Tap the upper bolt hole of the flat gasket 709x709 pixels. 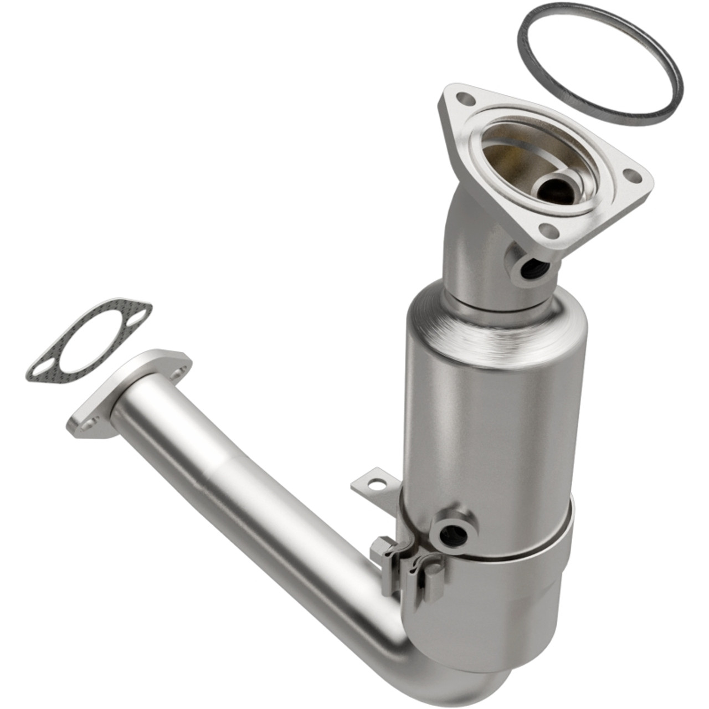point(137,317)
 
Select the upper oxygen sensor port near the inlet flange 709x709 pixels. point(529,270)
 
